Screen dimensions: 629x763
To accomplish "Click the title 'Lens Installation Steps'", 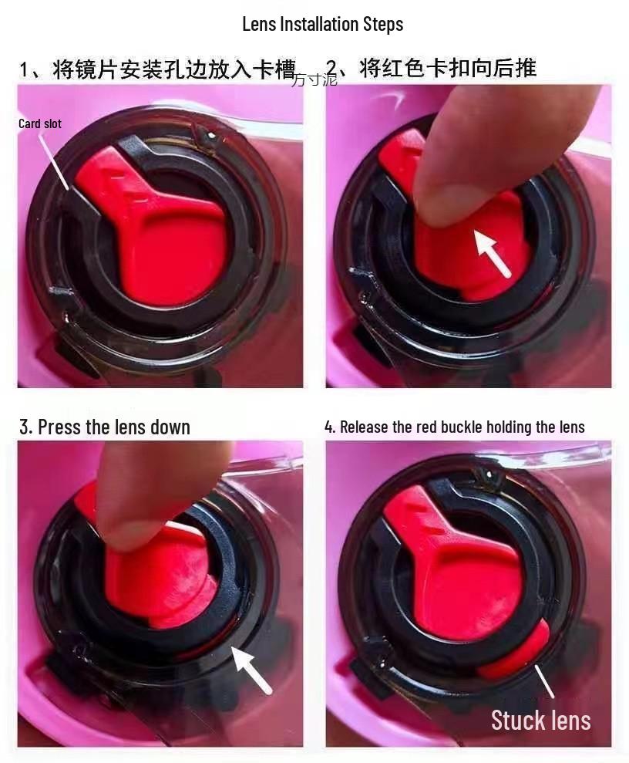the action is [323, 24].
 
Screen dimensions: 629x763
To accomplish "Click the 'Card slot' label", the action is [40, 123].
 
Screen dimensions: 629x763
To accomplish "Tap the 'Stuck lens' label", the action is [540, 720].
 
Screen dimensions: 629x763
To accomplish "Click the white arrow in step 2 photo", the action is [493, 253].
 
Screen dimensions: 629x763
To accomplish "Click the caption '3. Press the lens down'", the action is [105, 427].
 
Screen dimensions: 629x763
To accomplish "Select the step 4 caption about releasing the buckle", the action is [455, 427].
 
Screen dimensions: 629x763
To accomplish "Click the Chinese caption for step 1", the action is [157, 69].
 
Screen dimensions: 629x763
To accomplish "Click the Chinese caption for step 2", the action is [431, 68].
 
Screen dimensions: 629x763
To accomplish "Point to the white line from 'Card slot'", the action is [53, 161].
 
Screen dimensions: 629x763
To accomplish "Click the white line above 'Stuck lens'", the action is [544, 680].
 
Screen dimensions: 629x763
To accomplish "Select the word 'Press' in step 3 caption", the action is [60, 427].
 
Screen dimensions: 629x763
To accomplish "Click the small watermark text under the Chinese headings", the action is [314, 79].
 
